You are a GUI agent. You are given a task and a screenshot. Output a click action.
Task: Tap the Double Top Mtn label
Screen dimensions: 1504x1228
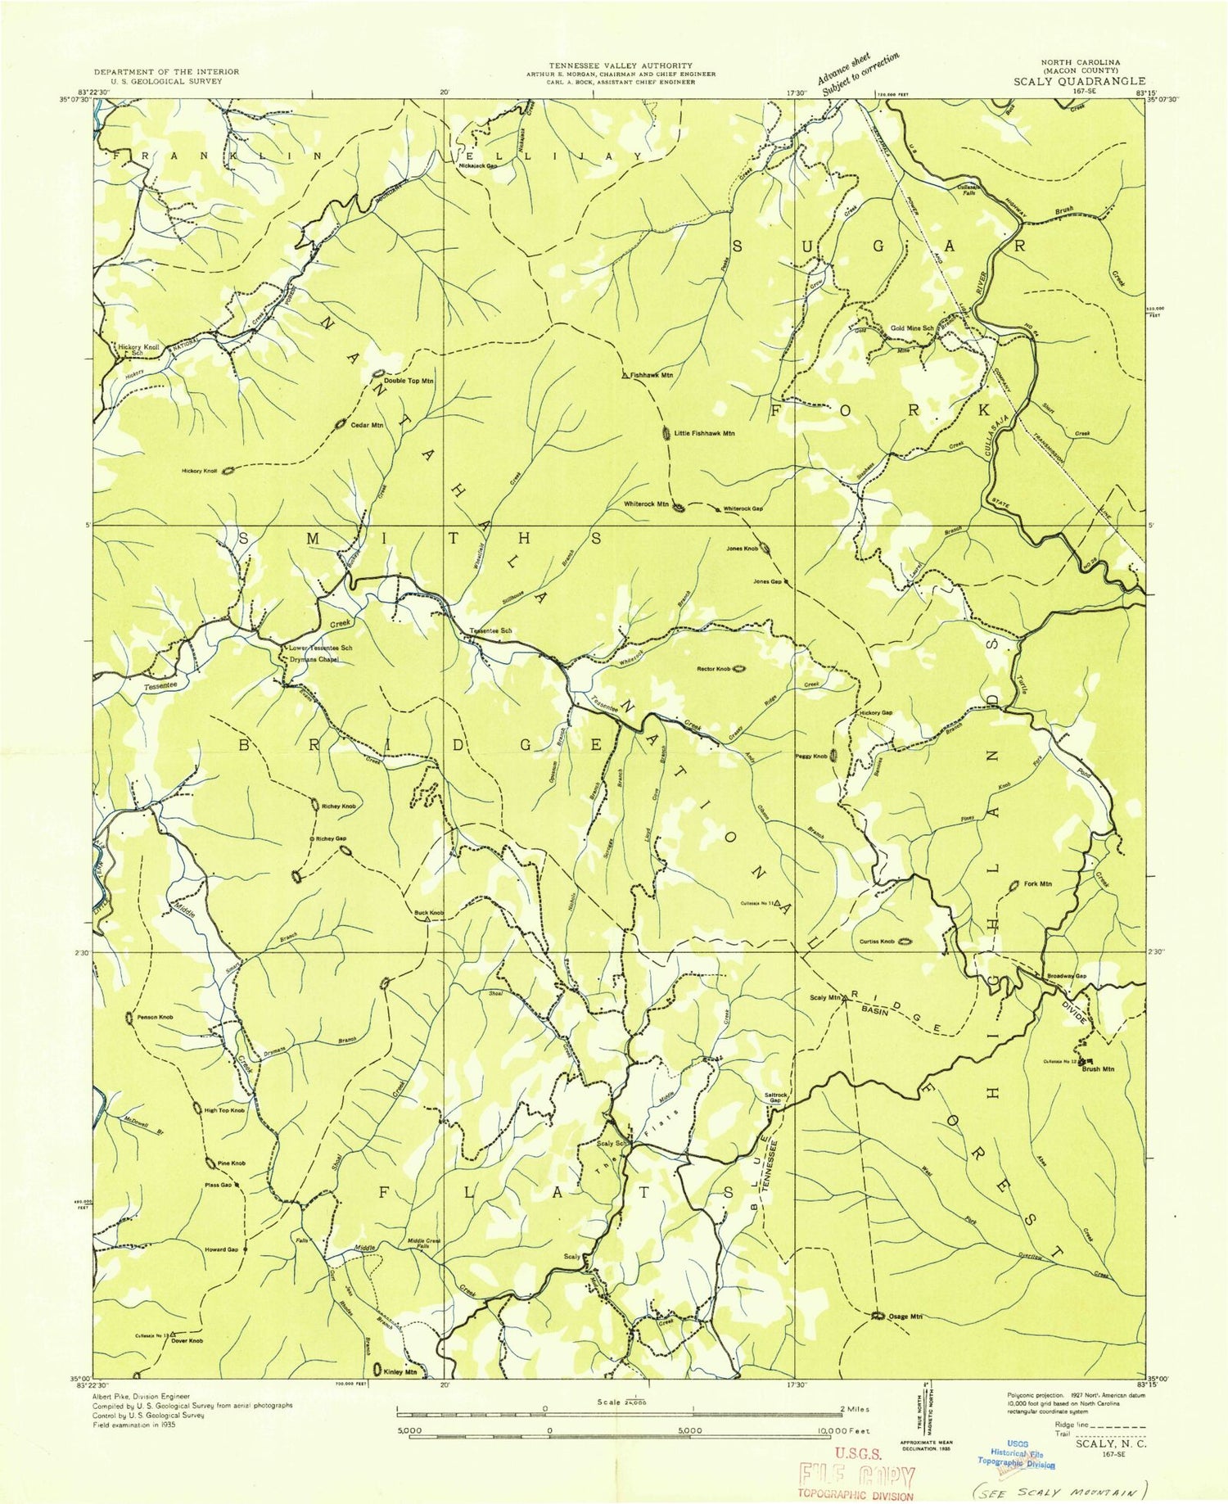409,381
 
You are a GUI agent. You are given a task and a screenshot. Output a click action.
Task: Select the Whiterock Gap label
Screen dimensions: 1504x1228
743,509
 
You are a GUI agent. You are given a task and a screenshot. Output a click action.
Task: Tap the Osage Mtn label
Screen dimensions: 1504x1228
906,1317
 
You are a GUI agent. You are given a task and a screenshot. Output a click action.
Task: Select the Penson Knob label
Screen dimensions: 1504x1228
155,1017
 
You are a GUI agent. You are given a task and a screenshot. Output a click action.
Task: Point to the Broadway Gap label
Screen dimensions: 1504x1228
1067,976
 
